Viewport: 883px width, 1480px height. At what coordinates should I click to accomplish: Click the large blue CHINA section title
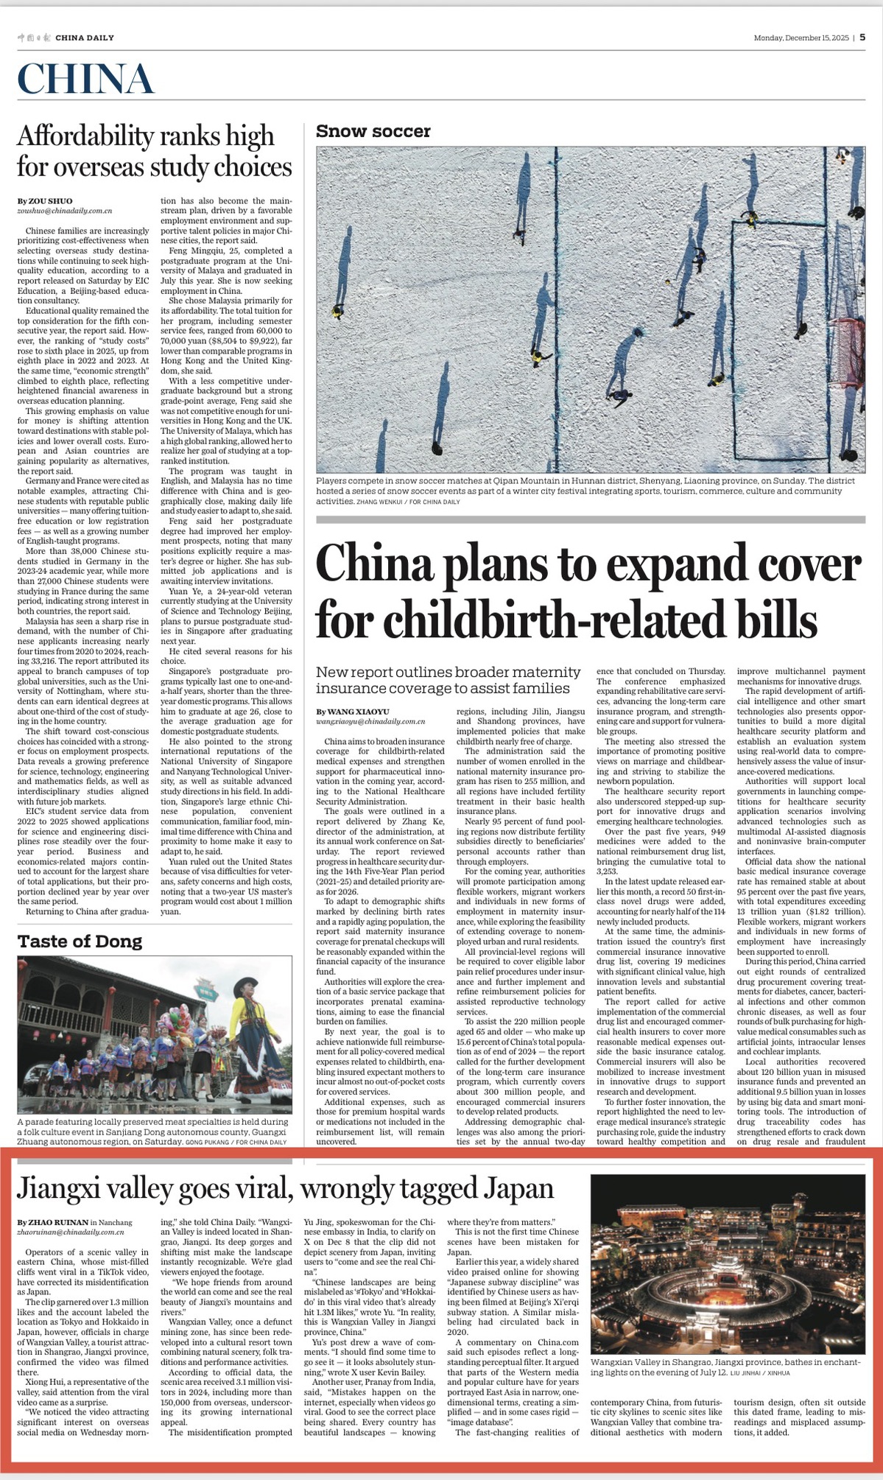[x=85, y=79]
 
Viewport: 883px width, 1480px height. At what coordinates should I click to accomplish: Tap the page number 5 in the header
[x=862, y=38]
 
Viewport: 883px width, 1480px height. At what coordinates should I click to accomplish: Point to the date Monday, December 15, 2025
[x=801, y=38]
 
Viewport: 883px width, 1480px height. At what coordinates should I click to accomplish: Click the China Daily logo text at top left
[x=66, y=38]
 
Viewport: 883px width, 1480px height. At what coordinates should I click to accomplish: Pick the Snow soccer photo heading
[x=373, y=131]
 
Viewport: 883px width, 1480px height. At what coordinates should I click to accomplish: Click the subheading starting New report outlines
[x=448, y=680]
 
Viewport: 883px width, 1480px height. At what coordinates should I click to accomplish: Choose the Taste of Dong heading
[x=80, y=941]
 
